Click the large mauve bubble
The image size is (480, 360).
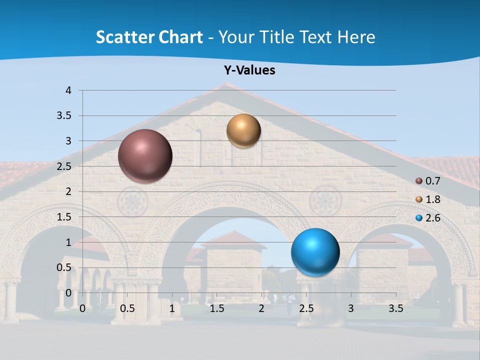click(145, 156)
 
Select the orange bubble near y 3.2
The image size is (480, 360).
click(243, 130)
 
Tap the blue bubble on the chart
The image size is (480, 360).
click(315, 252)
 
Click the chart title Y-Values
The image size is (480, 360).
click(249, 70)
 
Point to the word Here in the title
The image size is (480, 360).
click(356, 37)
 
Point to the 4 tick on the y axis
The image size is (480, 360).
click(68, 90)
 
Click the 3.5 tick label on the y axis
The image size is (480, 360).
click(64, 115)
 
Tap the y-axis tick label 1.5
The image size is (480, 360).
click(64, 217)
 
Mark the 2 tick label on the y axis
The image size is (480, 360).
click(68, 191)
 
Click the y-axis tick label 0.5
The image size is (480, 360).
click(64, 267)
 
